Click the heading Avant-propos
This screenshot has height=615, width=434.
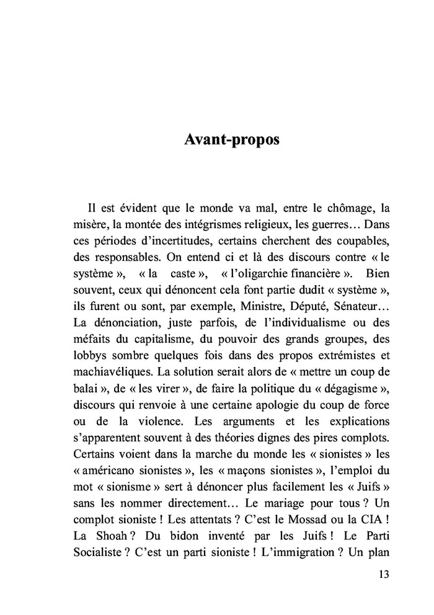click(x=232, y=139)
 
